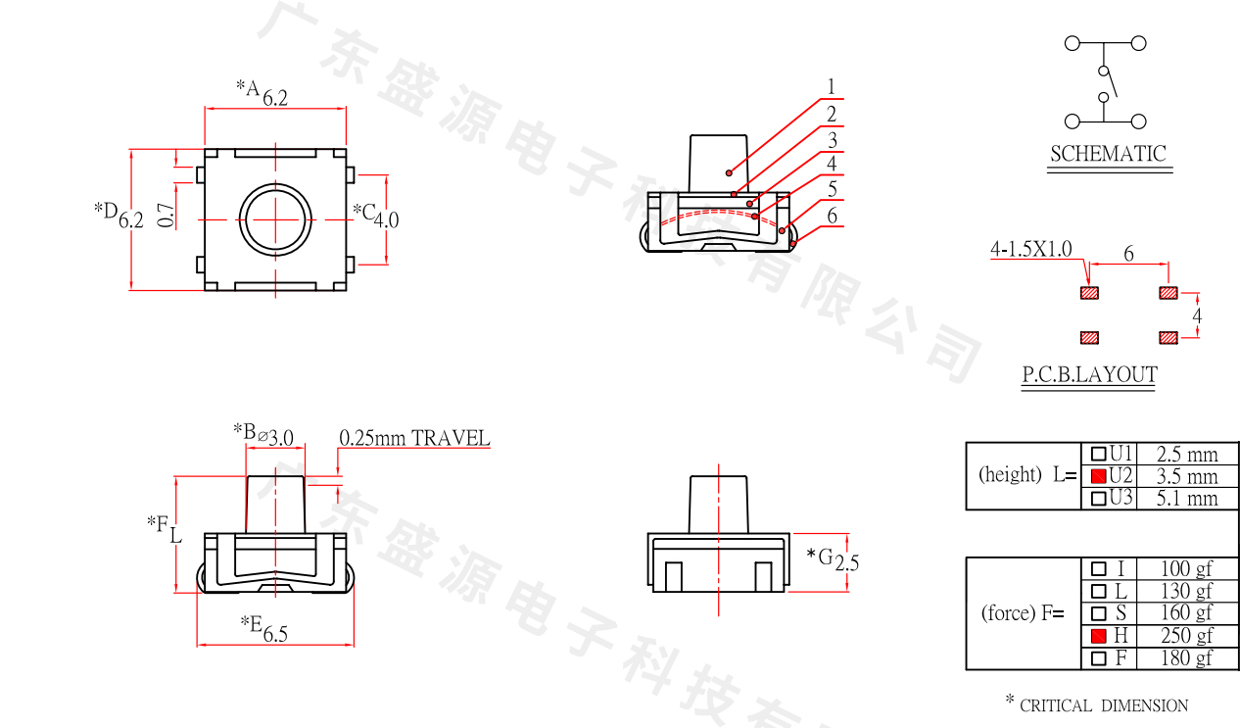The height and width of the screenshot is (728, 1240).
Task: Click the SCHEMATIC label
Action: (1108, 154)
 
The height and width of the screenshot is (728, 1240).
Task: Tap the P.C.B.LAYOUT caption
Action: (1089, 374)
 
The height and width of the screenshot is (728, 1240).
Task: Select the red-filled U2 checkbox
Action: (1098, 476)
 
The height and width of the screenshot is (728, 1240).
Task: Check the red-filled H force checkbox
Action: (1098, 636)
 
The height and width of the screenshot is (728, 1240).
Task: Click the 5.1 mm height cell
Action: (1187, 498)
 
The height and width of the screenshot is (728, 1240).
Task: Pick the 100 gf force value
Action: (1186, 568)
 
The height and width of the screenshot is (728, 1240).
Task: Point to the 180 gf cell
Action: (1186, 657)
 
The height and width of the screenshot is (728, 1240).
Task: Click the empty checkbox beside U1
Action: (1098, 454)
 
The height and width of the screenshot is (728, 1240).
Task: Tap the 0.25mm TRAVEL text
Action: (414, 438)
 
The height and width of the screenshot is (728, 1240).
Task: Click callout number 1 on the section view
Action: (831, 87)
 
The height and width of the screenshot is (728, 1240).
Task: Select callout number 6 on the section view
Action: (833, 216)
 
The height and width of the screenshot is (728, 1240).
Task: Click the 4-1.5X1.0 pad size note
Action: (1031, 250)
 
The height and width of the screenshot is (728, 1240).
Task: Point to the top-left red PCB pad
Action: (1089, 293)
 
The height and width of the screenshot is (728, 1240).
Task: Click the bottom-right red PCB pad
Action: (1168, 338)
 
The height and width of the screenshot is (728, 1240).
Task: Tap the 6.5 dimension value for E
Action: (275, 634)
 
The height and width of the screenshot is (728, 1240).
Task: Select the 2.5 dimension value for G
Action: (847, 562)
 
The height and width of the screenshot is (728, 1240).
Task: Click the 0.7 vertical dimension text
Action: (167, 216)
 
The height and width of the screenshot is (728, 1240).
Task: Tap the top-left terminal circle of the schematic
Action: (1073, 43)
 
